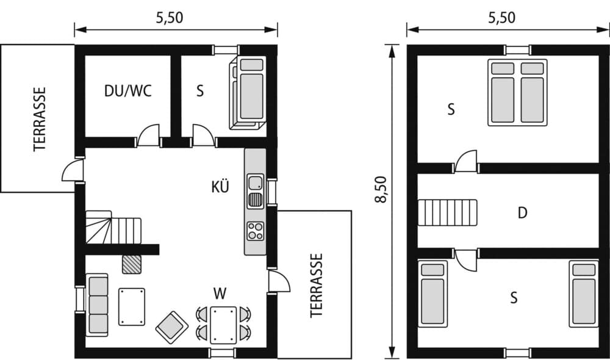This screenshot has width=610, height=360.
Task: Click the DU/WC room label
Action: pos(127,91)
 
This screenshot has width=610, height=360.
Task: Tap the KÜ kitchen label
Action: pos(221,187)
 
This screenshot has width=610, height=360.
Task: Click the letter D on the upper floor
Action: pos(522,213)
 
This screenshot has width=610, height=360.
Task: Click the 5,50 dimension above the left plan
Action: pos(170,18)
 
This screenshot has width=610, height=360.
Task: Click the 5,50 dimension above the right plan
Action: pos(501,18)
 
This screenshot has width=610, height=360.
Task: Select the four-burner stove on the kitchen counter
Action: pos(256,231)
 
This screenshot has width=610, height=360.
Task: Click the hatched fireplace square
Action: pos(131,264)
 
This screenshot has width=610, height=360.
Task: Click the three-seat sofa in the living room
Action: pos(97,304)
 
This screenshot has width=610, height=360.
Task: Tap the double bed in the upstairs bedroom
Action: pos(517,92)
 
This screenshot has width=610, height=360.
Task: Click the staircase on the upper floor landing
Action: pos(447,212)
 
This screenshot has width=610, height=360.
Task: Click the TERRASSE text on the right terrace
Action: pos(315,285)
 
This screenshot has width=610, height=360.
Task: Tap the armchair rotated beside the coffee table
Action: pos(171,326)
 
